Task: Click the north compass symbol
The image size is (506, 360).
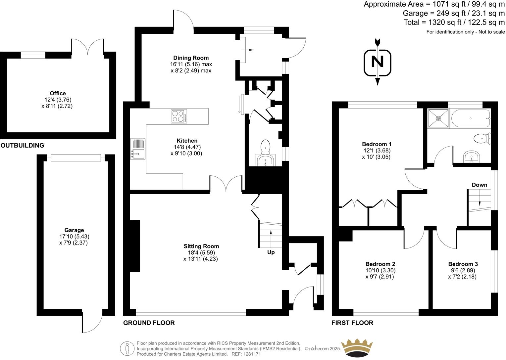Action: click(x=377, y=62)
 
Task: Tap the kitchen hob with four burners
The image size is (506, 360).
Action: click(x=179, y=116)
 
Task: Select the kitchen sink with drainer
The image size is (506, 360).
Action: click(x=138, y=149)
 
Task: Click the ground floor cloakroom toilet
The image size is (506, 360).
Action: click(x=266, y=146)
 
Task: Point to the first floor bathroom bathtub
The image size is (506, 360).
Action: click(x=470, y=118)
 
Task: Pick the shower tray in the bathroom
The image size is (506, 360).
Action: click(x=438, y=118)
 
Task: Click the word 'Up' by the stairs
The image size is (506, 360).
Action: click(x=271, y=252)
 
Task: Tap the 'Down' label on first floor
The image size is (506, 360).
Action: click(x=479, y=185)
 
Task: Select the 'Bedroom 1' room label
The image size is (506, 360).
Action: click(x=377, y=144)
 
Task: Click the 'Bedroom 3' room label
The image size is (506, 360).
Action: click(x=463, y=264)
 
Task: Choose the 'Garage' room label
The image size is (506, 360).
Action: click(x=74, y=230)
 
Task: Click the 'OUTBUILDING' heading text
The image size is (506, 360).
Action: click(x=22, y=145)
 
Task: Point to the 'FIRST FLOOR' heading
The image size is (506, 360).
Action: click(x=352, y=323)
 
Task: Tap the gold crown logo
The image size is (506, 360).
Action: click(x=357, y=347)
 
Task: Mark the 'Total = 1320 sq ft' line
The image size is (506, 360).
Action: click(x=454, y=22)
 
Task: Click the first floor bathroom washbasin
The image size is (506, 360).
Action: click(x=472, y=157)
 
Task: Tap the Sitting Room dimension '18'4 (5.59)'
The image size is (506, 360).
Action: click(x=201, y=252)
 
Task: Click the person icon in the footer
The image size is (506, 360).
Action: click(x=127, y=348)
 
